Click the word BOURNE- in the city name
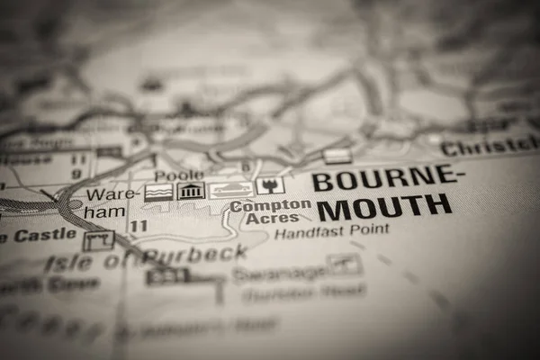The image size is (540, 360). click(x=384, y=178)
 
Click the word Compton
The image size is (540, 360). click(x=270, y=205)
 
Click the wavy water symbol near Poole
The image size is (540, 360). click(x=158, y=192)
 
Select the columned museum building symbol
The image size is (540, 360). click(x=191, y=191)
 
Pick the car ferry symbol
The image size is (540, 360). click(x=231, y=190)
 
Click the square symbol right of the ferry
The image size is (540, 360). click(x=270, y=185)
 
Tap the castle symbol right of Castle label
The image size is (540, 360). click(x=98, y=240)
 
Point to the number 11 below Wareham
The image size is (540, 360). click(x=138, y=226)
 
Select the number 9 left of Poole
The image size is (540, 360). click(x=76, y=173)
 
